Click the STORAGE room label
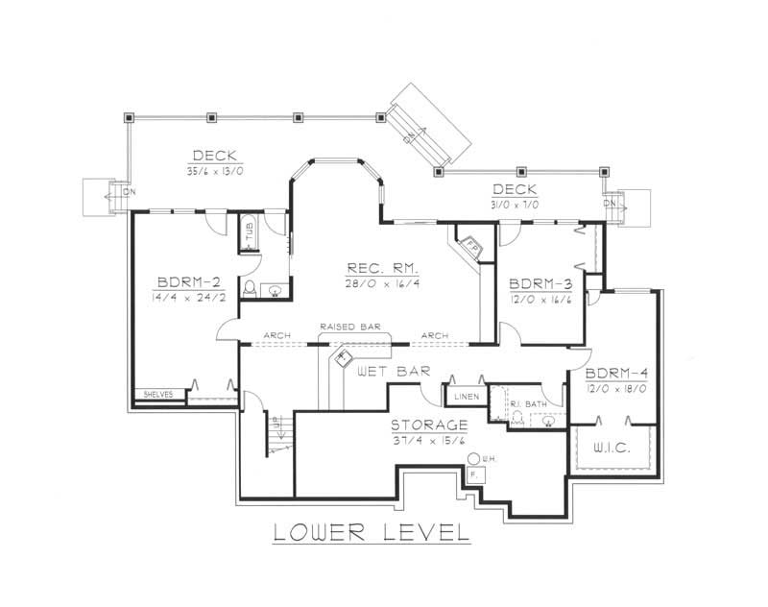[429, 424]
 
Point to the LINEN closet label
[461, 396]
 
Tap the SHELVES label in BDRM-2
[157, 395]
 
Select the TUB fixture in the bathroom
[249, 234]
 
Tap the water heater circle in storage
[474, 458]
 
